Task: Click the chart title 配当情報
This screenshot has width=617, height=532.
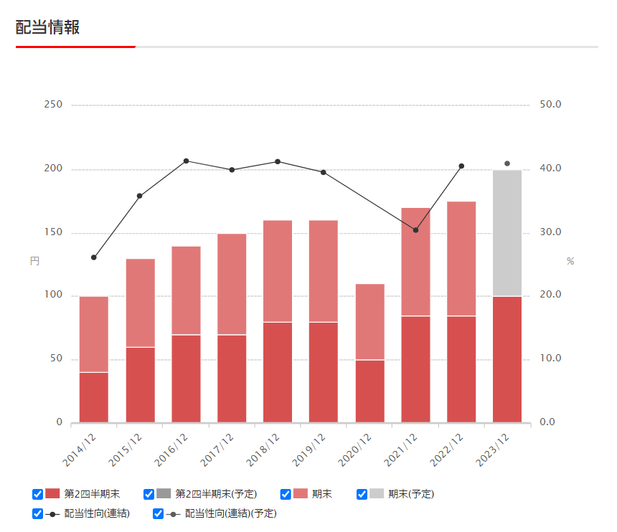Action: pos(47,27)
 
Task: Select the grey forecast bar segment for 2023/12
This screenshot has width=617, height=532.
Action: pos(507,232)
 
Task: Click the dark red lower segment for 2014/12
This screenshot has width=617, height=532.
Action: pos(94,397)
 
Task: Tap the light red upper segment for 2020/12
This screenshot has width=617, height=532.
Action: pos(369,321)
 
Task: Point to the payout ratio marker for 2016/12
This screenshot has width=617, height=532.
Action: pos(186,161)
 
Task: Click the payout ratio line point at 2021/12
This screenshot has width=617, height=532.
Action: pos(415,230)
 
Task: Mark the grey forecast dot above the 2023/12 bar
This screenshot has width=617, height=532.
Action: pos(507,163)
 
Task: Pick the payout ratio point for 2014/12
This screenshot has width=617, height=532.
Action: pos(94,257)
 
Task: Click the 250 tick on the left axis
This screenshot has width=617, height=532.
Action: pos(53,105)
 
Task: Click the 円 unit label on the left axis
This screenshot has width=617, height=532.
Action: pos(34,261)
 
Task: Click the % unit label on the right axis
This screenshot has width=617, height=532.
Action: pos(570,261)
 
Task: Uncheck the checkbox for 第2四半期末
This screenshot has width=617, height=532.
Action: pos(37,494)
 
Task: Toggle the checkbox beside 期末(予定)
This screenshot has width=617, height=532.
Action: pos(362,494)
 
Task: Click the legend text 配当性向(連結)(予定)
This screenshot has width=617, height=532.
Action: pos(230,513)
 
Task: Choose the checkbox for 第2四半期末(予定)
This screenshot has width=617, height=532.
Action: pos(149,494)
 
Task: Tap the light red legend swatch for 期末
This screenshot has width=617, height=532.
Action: pos(300,494)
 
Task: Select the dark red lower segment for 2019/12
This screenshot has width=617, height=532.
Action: pos(324,372)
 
